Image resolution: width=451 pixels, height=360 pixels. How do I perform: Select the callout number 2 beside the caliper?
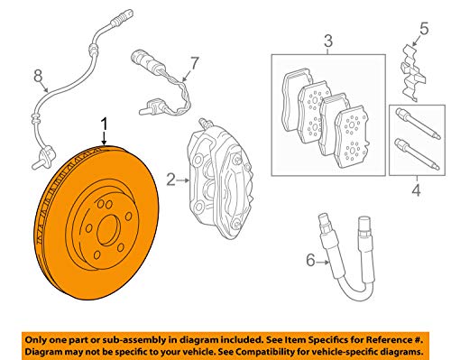170,181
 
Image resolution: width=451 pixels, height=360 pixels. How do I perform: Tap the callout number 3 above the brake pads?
328,42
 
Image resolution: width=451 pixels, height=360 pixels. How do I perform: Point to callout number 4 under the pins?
416,190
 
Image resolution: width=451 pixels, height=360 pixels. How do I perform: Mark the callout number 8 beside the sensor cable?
37,75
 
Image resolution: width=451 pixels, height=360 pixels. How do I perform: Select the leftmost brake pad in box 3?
295,100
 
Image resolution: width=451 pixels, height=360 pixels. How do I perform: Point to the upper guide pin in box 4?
416,124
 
